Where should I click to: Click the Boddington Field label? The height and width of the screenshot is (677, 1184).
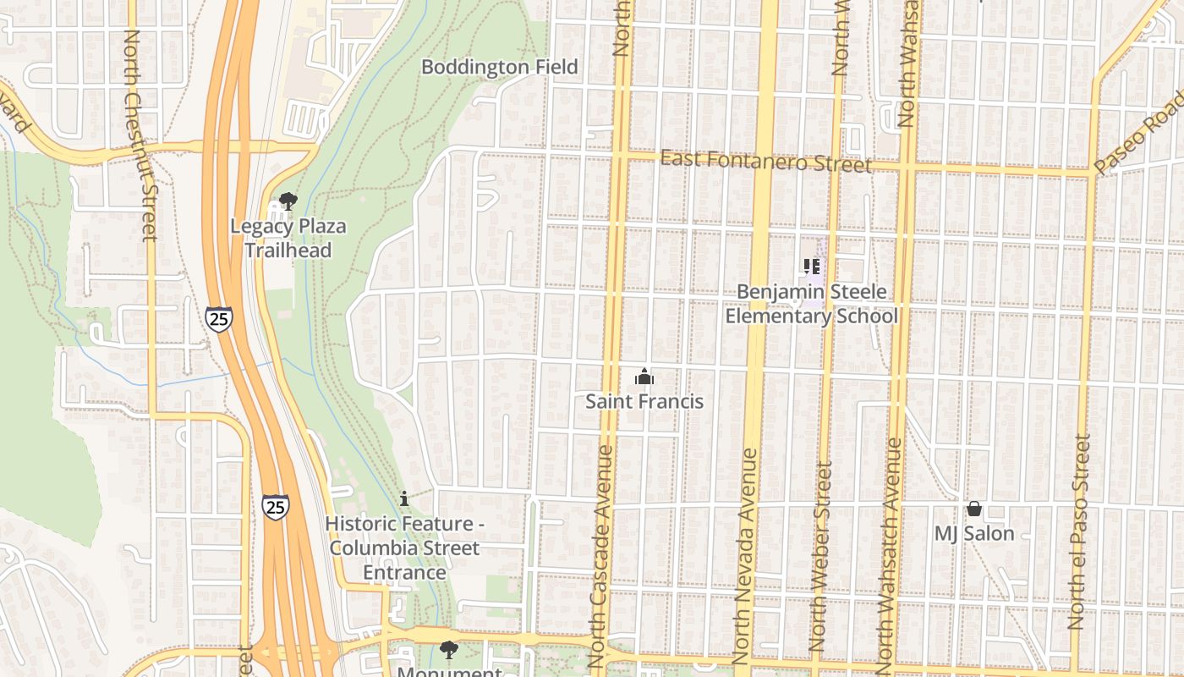(x=500, y=67)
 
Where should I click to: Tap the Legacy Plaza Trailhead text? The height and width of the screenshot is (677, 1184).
(x=288, y=239)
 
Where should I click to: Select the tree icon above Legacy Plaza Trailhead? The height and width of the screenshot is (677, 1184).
(x=288, y=201)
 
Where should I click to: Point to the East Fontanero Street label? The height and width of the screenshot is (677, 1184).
(x=765, y=160)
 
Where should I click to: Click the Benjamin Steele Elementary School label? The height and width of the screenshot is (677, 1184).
(x=812, y=304)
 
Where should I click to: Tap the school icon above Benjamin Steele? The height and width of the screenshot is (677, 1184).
(x=812, y=267)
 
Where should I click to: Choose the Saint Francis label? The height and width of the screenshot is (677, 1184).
(x=644, y=401)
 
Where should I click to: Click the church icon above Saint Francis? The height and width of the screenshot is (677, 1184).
(x=644, y=377)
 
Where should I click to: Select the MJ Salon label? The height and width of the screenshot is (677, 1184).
(x=974, y=534)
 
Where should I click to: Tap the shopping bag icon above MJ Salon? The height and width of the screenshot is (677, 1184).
(x=974, y=509)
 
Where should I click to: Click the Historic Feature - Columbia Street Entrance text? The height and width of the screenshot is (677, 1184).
(x=404, y=548)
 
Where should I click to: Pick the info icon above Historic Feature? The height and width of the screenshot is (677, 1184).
(x=404, y=498)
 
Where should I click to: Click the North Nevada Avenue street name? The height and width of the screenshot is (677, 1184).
(x=746, y=555)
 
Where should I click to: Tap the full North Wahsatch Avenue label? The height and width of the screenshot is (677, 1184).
(x=890, y=555)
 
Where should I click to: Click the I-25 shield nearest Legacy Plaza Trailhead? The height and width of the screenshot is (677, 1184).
(x=218, y=319)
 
